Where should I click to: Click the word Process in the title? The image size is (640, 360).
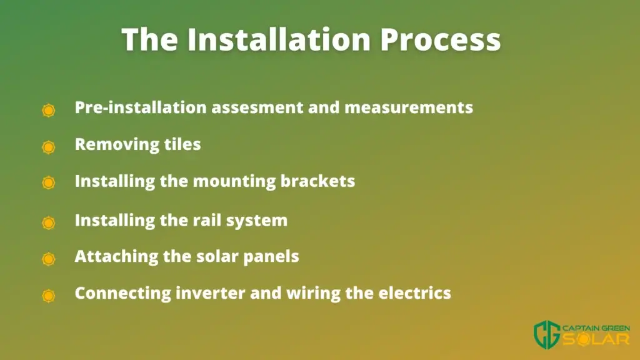pyautogui.click(x=441, y=40)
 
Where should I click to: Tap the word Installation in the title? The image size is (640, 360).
pyautogui.click(x=279, y=39)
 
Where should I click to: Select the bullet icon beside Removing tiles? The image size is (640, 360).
pyautogui.click(x=49, y=147)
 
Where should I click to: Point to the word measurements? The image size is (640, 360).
pyautogui.click(x=409, y=107)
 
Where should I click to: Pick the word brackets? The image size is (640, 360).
pyautogui.click(x=317, y=181)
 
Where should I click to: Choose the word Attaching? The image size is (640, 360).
pyautogui.click(x=116, y=257)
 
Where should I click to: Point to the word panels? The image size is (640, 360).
pyautogui.click(x=271, y=257)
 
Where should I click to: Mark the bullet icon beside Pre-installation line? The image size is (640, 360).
pyautogui.click(x=49, y=110)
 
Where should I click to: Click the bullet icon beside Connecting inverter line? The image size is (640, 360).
pyautogui.click(x=49, y=296)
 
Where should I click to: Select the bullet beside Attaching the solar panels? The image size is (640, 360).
pyautogui.click(x=49, y=259)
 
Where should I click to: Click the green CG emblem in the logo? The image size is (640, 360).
pyautogui.click(x=547, y=335)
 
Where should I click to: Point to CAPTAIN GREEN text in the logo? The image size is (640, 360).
pyautogui.click(x=596, y=328)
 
